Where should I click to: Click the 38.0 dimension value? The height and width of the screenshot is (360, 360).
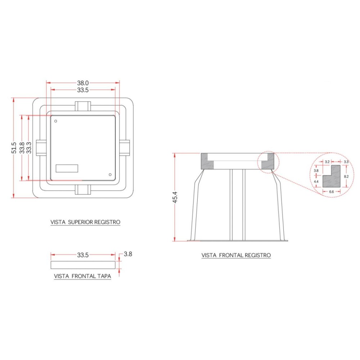pos(83,83)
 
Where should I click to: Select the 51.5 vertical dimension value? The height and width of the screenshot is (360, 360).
pos(14,148)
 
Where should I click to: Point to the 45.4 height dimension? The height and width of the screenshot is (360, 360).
pos(175,197)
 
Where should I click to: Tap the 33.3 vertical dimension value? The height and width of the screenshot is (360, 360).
pos(29,148)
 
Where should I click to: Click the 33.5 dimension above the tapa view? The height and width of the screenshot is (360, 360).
pos(83,255)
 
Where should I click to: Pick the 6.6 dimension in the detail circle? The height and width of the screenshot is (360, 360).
pos(331,192)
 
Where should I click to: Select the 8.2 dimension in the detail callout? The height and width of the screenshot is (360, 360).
pos(346,176)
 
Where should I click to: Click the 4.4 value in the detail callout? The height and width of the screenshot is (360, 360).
pos(316,181)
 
